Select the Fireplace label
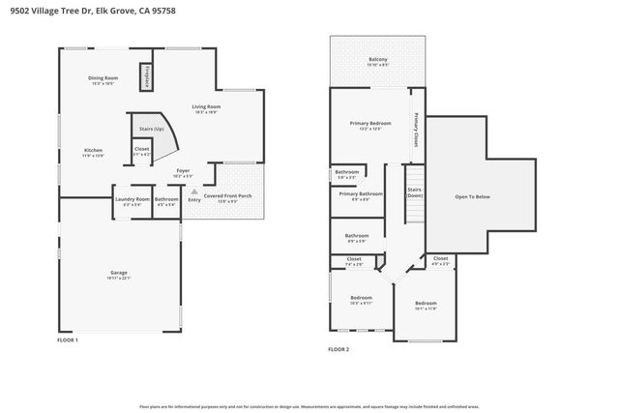(146, 77)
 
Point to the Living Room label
(206, 106)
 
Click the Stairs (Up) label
(152, 128)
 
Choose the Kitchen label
(93, 150)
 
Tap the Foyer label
(182, 172)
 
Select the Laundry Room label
(133, 199)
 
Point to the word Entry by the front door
(194, 200)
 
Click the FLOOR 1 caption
(68, 340)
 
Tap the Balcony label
(378, 60)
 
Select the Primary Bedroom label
(370, 123)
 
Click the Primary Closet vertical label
(416, 128)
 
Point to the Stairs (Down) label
(414, 192)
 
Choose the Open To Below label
(472, 196)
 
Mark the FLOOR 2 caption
(339, 348)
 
